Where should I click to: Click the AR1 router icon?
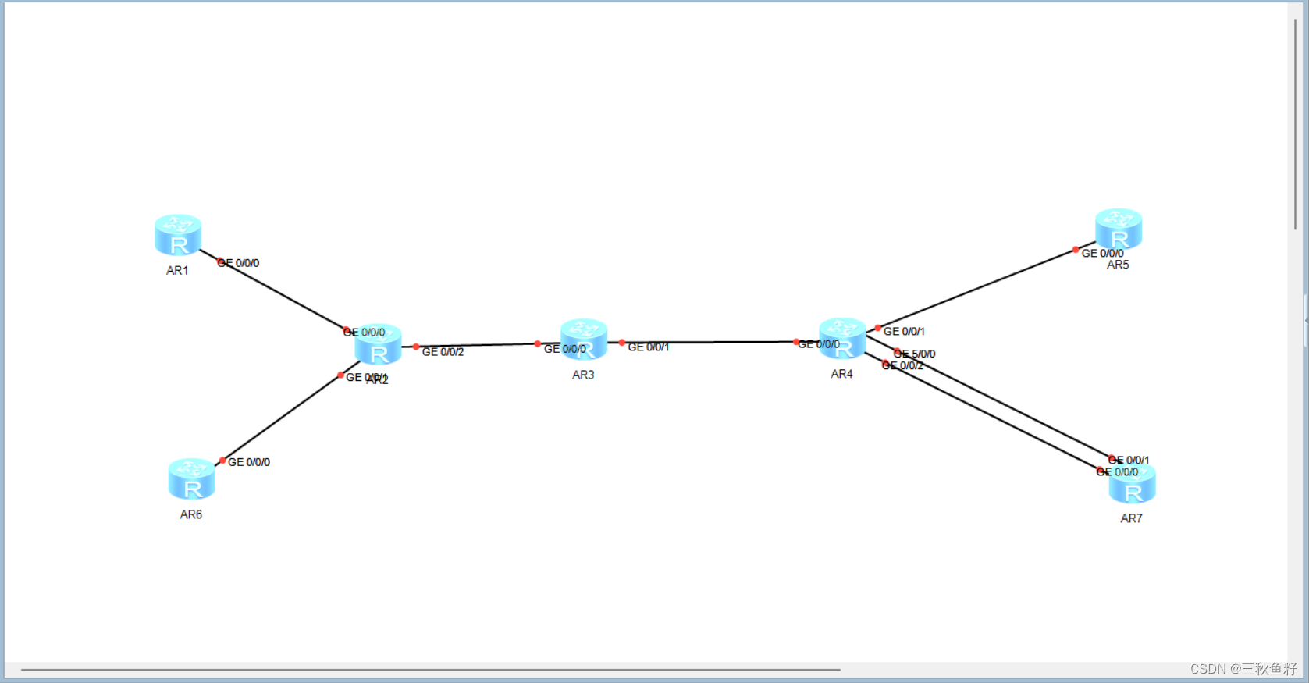(178, 235)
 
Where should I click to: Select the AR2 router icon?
(379, 345)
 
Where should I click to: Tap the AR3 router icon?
(584, 339)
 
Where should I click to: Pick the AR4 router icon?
(842, 338)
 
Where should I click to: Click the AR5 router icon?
(1119, 229)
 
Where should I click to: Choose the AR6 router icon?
(191, 478)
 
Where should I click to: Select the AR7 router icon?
(1132, 484)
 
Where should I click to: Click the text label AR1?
(177, 271)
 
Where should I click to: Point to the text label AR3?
(583, 375)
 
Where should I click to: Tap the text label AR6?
(191, 514)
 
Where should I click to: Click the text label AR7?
(1131, 518)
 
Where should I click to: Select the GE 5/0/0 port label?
(915, 354)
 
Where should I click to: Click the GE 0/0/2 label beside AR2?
(443, 352)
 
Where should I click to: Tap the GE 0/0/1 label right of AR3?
(649, 347)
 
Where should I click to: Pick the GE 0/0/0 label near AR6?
(249, 462)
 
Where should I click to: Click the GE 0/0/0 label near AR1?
(239, 263)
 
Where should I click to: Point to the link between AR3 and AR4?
(710, 342)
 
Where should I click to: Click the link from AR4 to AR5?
(976, 290)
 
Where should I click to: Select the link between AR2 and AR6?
(281, 418)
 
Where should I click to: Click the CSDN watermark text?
(1243, 669)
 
